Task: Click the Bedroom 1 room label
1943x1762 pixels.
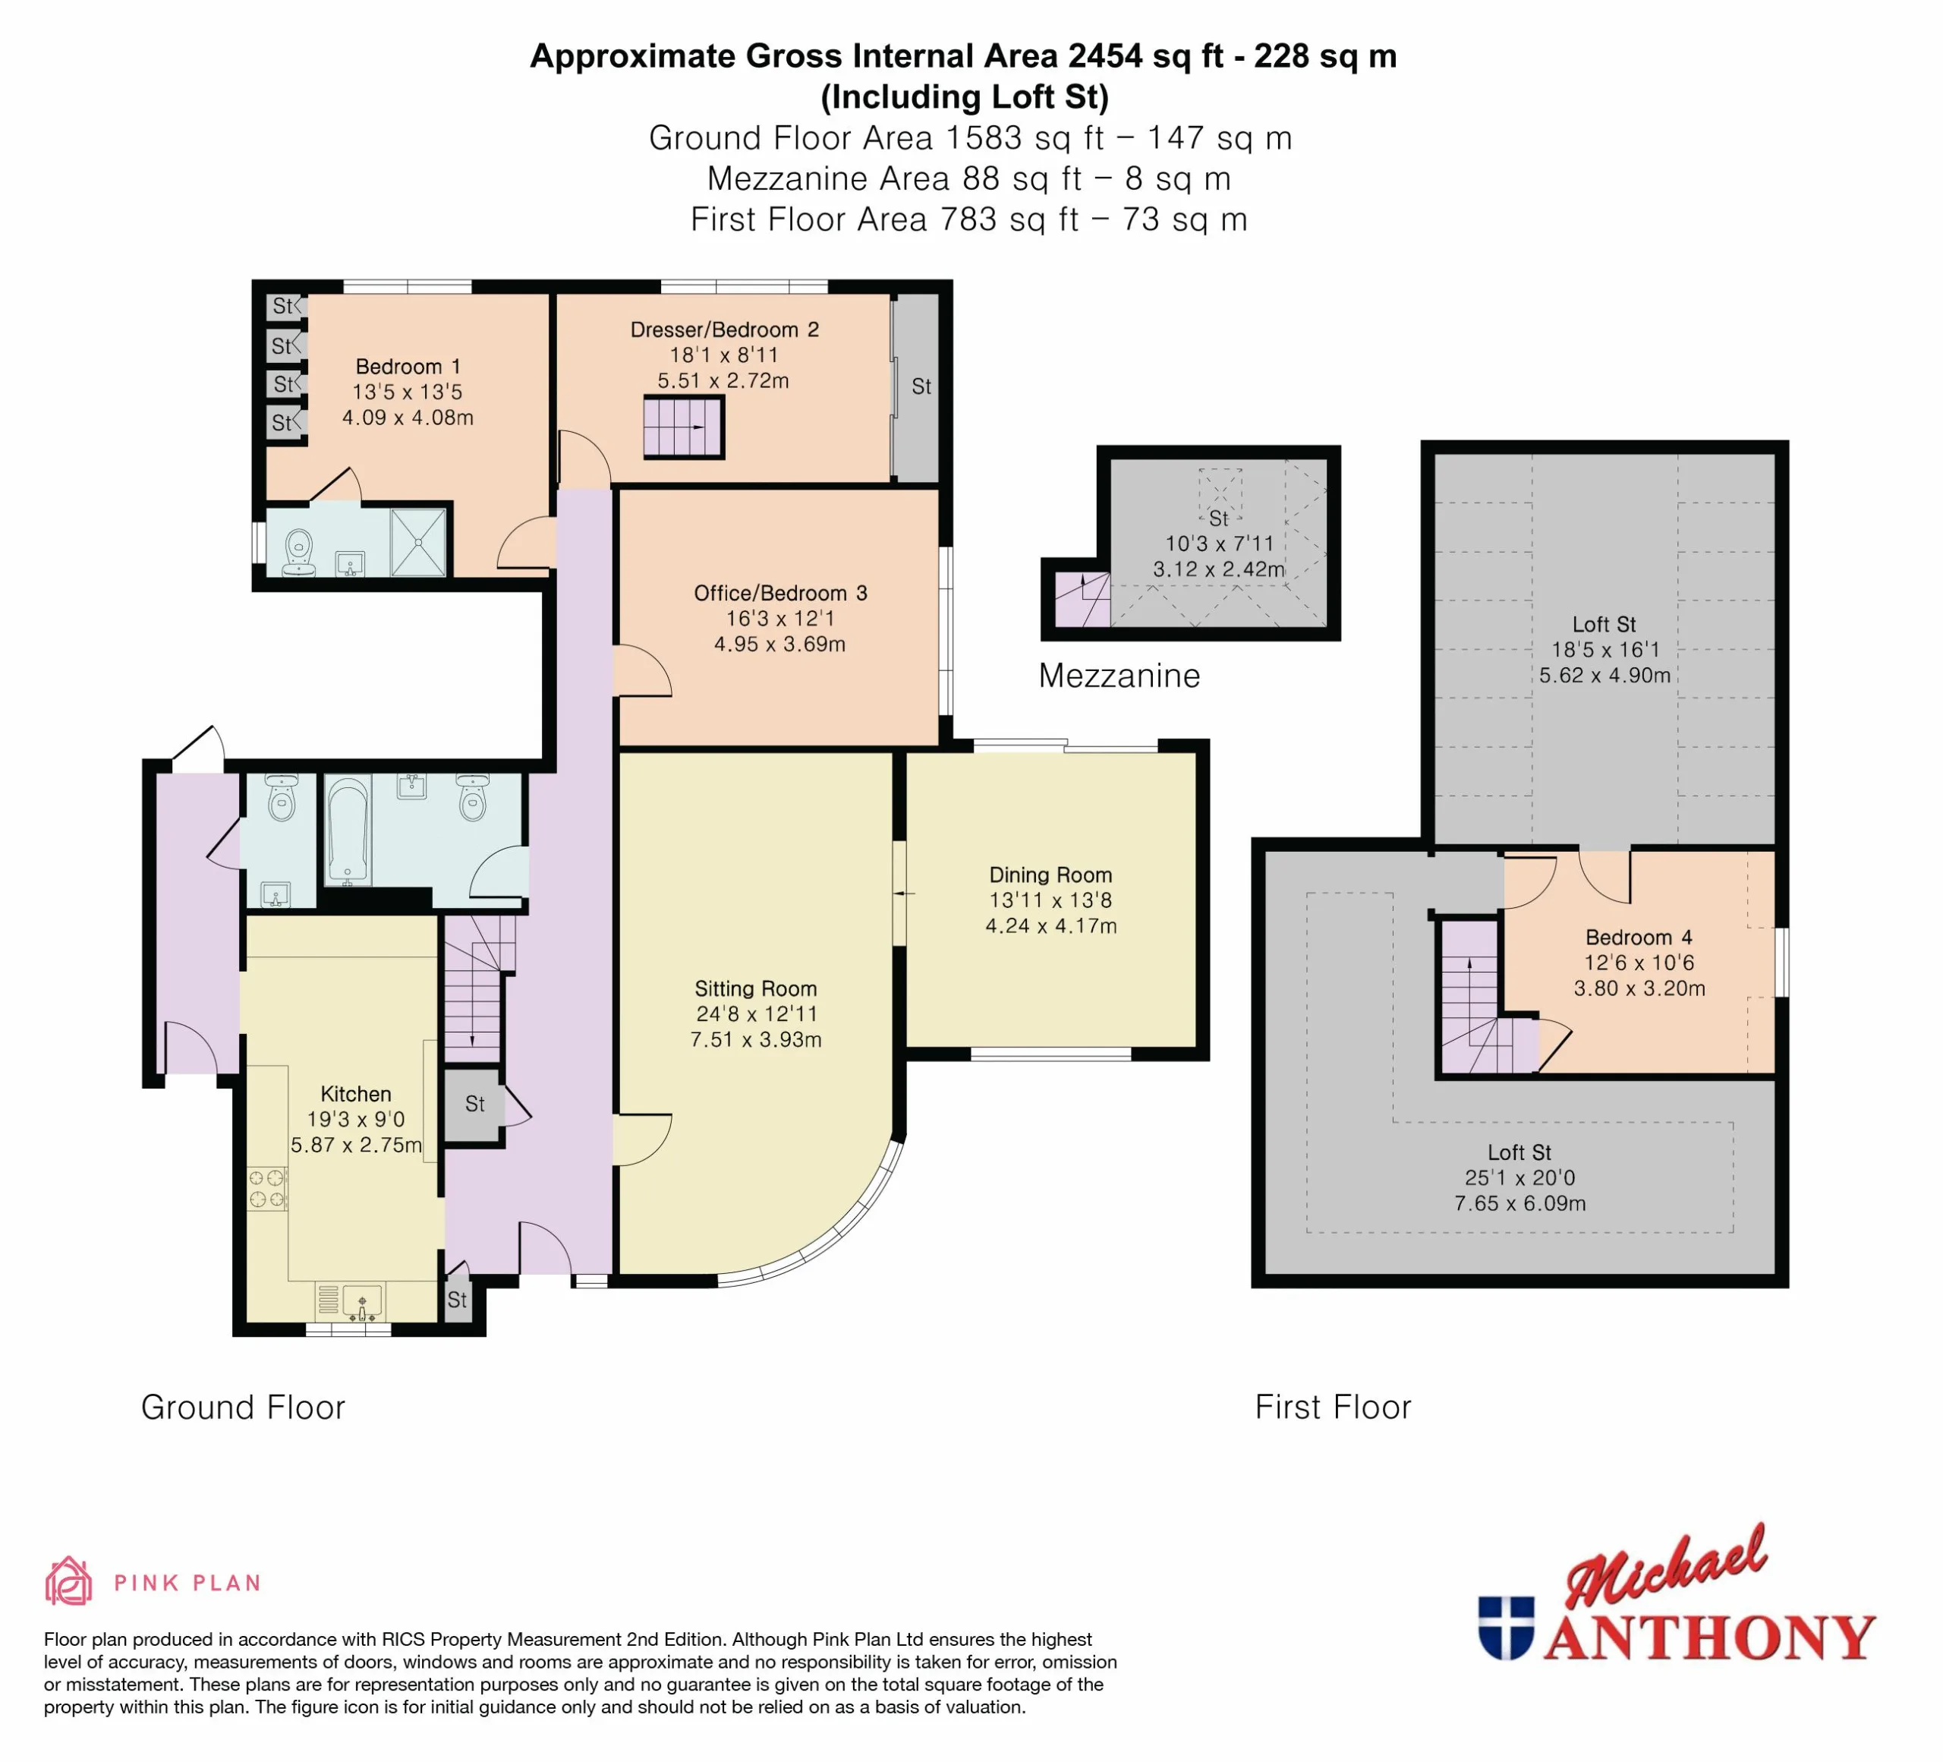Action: (x=408, y=367)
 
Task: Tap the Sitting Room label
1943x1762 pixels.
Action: (x=756, y=989)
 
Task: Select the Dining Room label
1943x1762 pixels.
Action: (x=1050, y=875)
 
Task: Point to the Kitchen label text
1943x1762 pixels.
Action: (x=356, y=1094)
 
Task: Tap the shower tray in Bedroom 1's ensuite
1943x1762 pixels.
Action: (x=419, y=543)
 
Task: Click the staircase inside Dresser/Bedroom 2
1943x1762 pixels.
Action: (x=683, y=427)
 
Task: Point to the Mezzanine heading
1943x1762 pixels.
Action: (x=1119, y=676)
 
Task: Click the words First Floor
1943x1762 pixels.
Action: (x=1333, y=1407)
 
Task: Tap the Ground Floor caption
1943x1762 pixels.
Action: (x=243, y=1407)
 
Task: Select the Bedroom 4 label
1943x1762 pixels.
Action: (x=1639, y=938)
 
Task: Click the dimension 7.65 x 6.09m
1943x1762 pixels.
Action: (x=1520, y=1203)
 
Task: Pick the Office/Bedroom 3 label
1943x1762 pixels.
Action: (x=781, y=594)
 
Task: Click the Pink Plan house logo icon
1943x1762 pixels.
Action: (x=68, y=1582)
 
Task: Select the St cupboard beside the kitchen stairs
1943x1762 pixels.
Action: (x=473, y=1105)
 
